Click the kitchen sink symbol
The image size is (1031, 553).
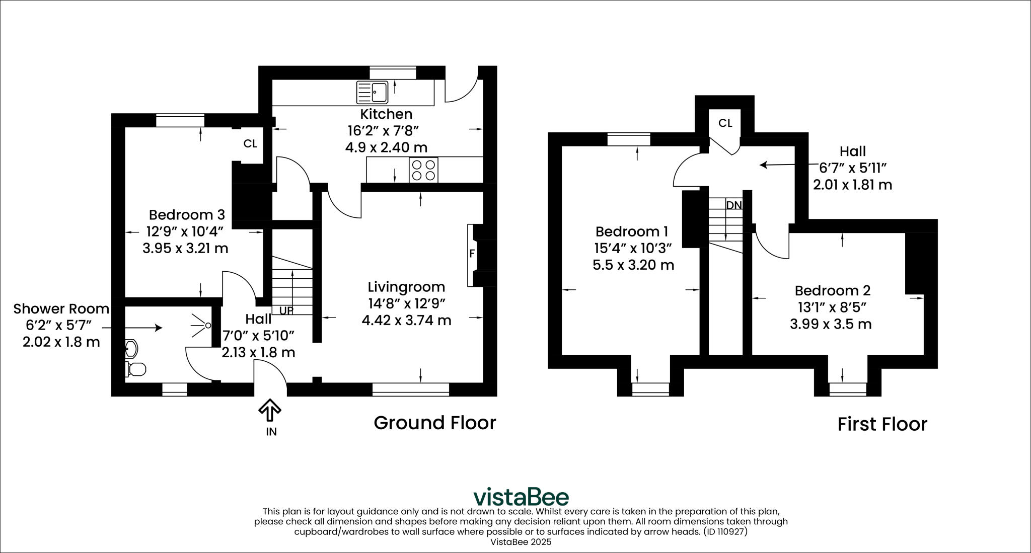pos(372,92)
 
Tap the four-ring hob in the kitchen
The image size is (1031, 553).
pos(423,170)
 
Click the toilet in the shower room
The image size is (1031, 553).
pos(135,369)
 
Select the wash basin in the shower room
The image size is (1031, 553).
pos(131,348)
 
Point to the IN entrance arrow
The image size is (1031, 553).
pos(270,410)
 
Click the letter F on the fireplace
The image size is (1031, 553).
pos(472,254)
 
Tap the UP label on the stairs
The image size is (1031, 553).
pos(285,310)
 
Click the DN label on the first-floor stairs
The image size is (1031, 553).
pos(734,205)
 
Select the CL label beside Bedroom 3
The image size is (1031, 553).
pos(250,144)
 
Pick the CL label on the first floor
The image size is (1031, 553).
pos(725,123)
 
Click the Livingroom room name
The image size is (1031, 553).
pos(406,287)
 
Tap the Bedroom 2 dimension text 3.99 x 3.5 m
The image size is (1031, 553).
pos(831,324)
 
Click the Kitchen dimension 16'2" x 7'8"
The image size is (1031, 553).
pos(384,131)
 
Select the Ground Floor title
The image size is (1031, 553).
pos(434,423)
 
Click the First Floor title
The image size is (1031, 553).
pos(882,424)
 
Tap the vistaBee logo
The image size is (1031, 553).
pos(521,497)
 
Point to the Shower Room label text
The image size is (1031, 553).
pos(61,309)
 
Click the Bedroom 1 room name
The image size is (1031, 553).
pos(631,232)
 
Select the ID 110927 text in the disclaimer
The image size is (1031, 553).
pos(725,531)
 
